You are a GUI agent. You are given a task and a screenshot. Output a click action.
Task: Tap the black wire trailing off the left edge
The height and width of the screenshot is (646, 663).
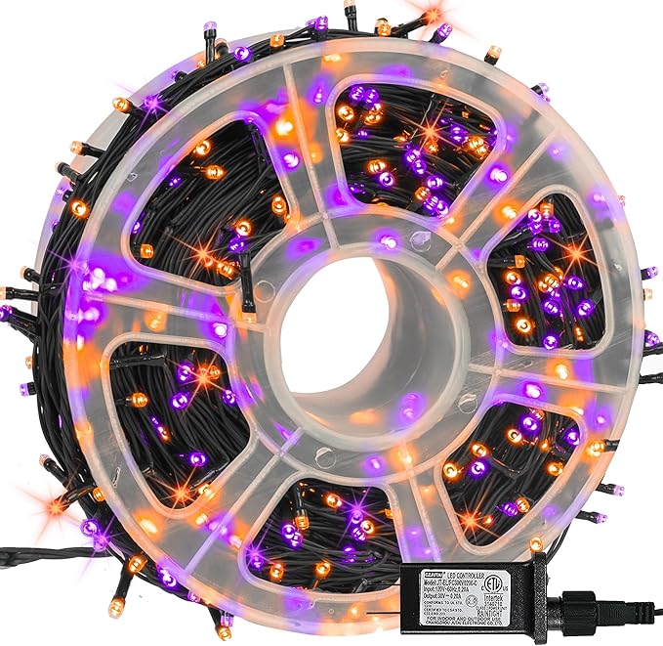(x=20, y=558)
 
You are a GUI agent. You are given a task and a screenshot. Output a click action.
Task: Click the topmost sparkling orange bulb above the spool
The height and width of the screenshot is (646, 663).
(x=431, y=16)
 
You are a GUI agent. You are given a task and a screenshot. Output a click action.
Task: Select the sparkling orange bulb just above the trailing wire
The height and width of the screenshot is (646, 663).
(x=57, y=505)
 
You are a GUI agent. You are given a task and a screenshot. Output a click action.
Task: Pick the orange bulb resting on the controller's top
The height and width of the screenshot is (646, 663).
(x=536, y=543)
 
